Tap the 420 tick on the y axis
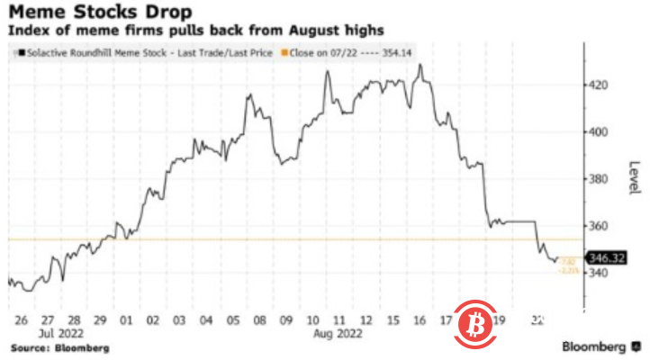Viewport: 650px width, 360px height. [x=598, y=85]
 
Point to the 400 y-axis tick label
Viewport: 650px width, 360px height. [x=598, y=132]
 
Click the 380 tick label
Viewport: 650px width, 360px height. [x=598, y=178]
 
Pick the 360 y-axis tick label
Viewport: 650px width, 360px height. [x=598, y=226]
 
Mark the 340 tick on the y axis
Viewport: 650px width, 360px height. [x=598, y=273]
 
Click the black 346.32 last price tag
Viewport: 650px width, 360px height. [x=602, y=257]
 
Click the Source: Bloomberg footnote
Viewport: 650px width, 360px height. [x=59, y=346]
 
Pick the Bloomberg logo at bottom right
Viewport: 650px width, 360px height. [x=598, y=346]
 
